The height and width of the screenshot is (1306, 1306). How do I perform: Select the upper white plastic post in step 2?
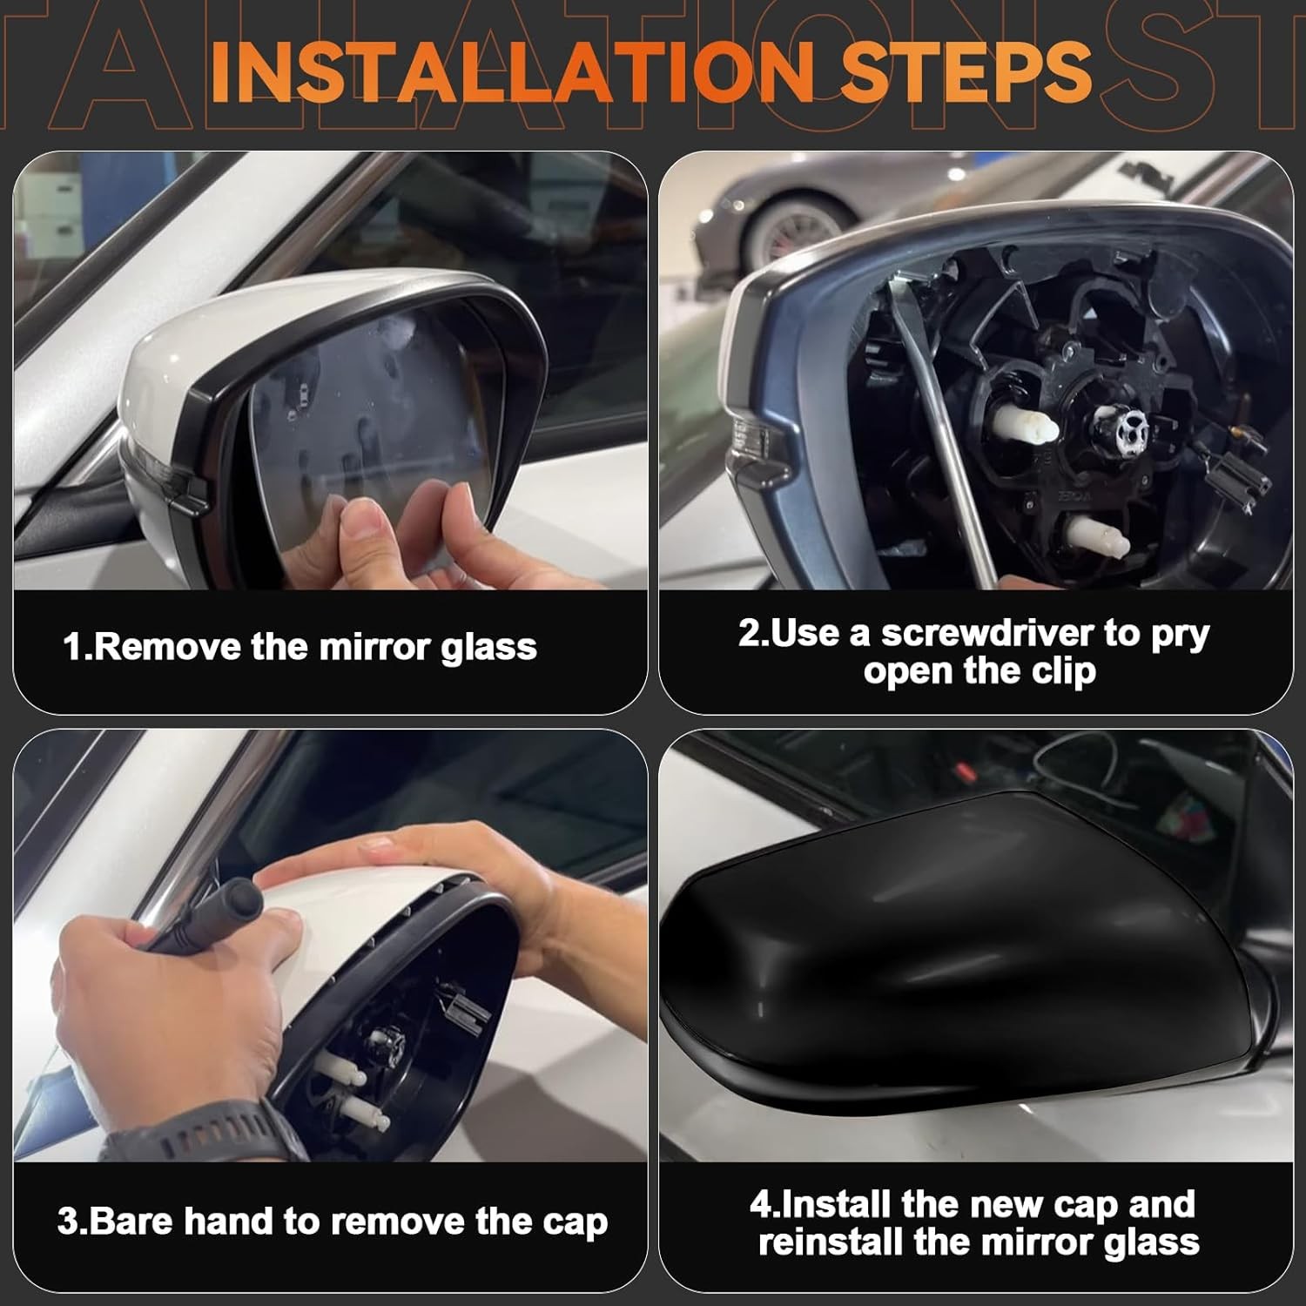pyautogui.click(x=1027, y=426)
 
